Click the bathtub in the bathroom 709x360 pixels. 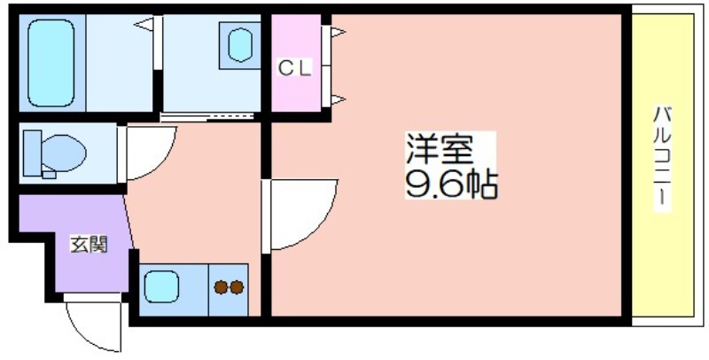51,63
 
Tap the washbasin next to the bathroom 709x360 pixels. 239,44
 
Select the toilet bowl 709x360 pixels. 63,153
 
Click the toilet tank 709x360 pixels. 32,153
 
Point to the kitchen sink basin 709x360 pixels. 161,286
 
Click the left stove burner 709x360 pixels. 221,287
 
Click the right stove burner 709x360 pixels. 237,287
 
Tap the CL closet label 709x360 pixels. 294,69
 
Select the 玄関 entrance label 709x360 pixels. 89,245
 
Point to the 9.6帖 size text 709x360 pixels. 451,184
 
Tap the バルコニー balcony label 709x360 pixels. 661,159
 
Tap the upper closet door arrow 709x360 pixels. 339,32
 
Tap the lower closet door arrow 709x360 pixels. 339,99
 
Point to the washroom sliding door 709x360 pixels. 207,117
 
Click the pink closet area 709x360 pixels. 296,62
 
